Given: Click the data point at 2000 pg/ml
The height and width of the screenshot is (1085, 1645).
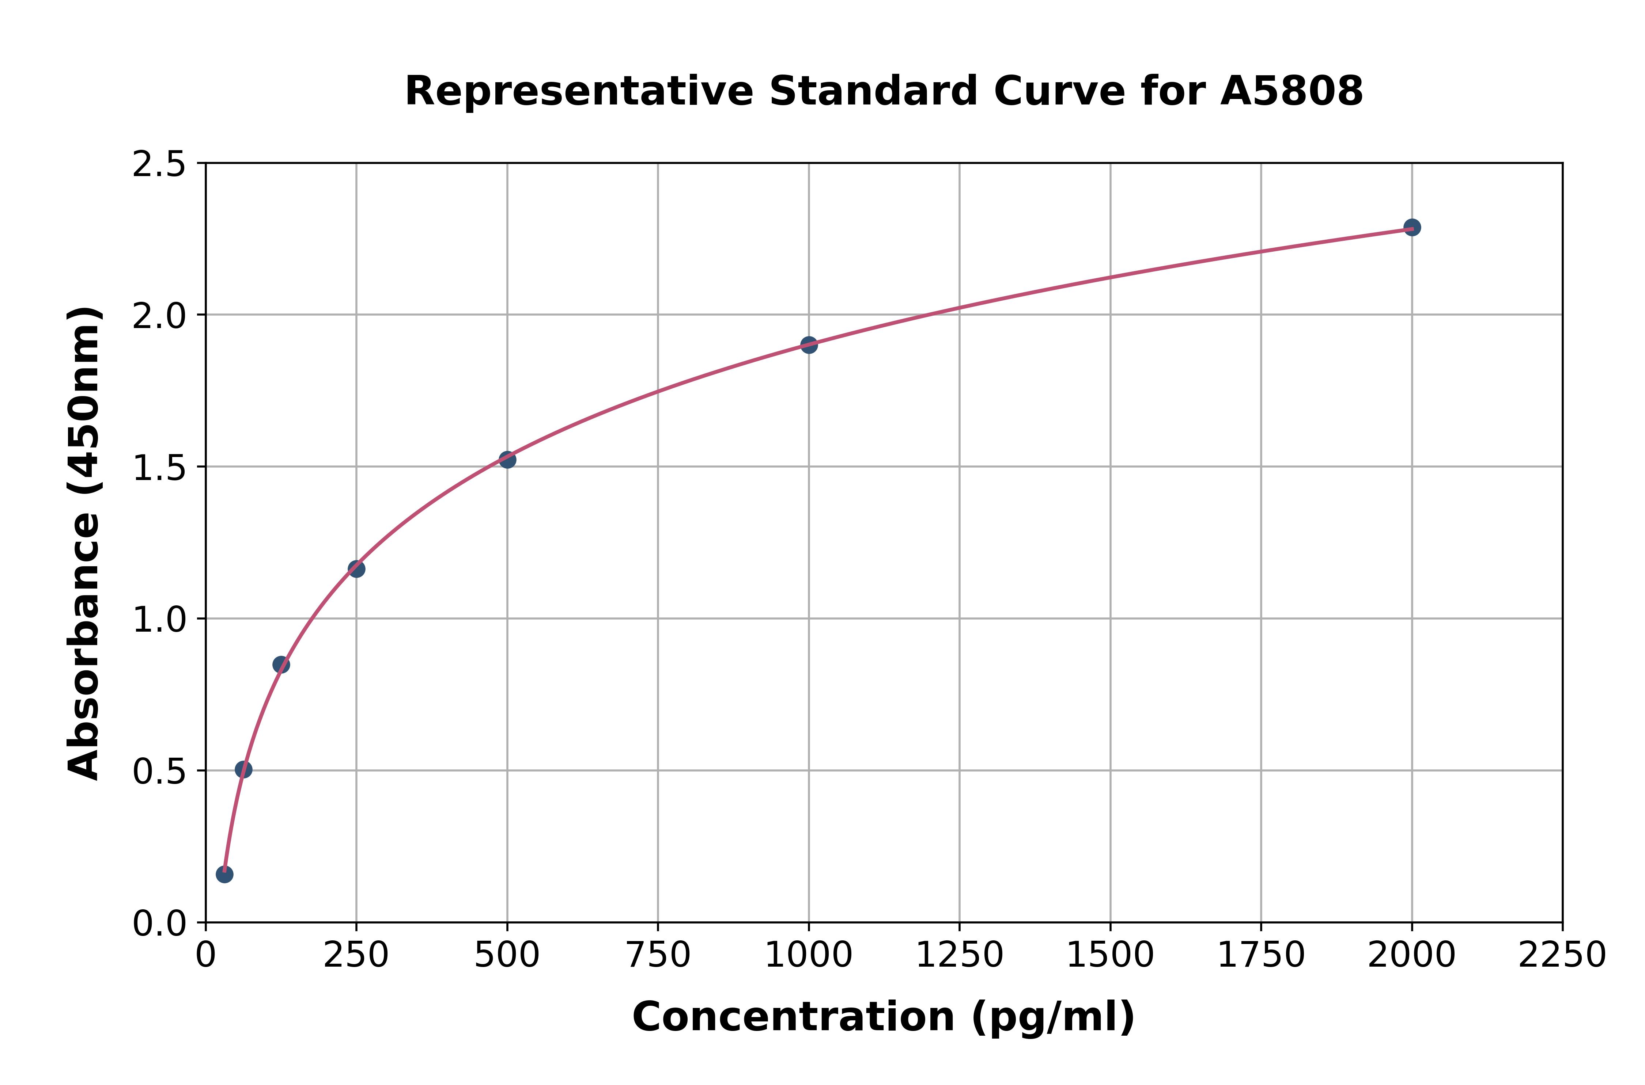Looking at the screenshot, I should coord(1412,227).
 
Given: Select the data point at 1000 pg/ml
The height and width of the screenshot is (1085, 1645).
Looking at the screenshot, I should coord(809,344).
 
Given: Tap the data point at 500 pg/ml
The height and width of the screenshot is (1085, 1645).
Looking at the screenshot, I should coord(507,460).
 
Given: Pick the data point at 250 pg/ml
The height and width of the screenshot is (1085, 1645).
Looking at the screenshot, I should coord(356,569).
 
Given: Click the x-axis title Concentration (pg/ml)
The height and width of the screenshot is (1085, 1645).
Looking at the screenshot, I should coord(884,1017).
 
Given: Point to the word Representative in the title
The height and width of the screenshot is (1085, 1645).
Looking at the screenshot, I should coord(579,91).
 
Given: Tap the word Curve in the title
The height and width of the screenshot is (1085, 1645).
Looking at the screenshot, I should coord(1059,91).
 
